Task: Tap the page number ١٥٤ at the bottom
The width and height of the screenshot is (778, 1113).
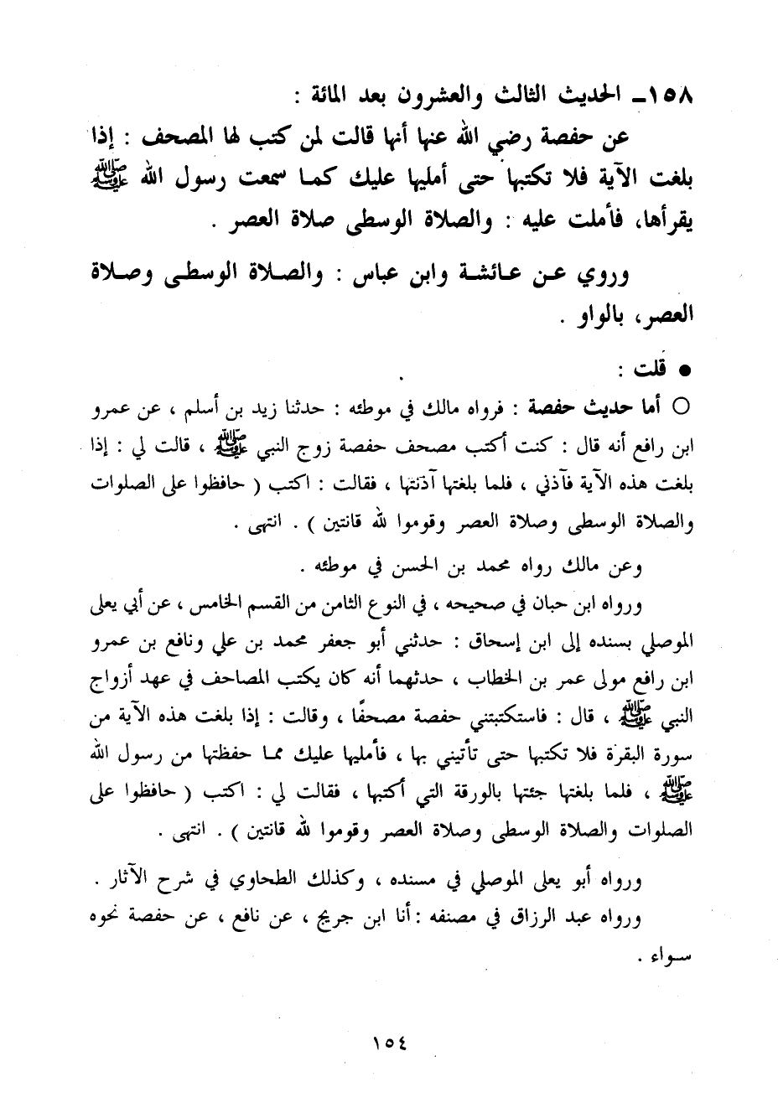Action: (388, 1044)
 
